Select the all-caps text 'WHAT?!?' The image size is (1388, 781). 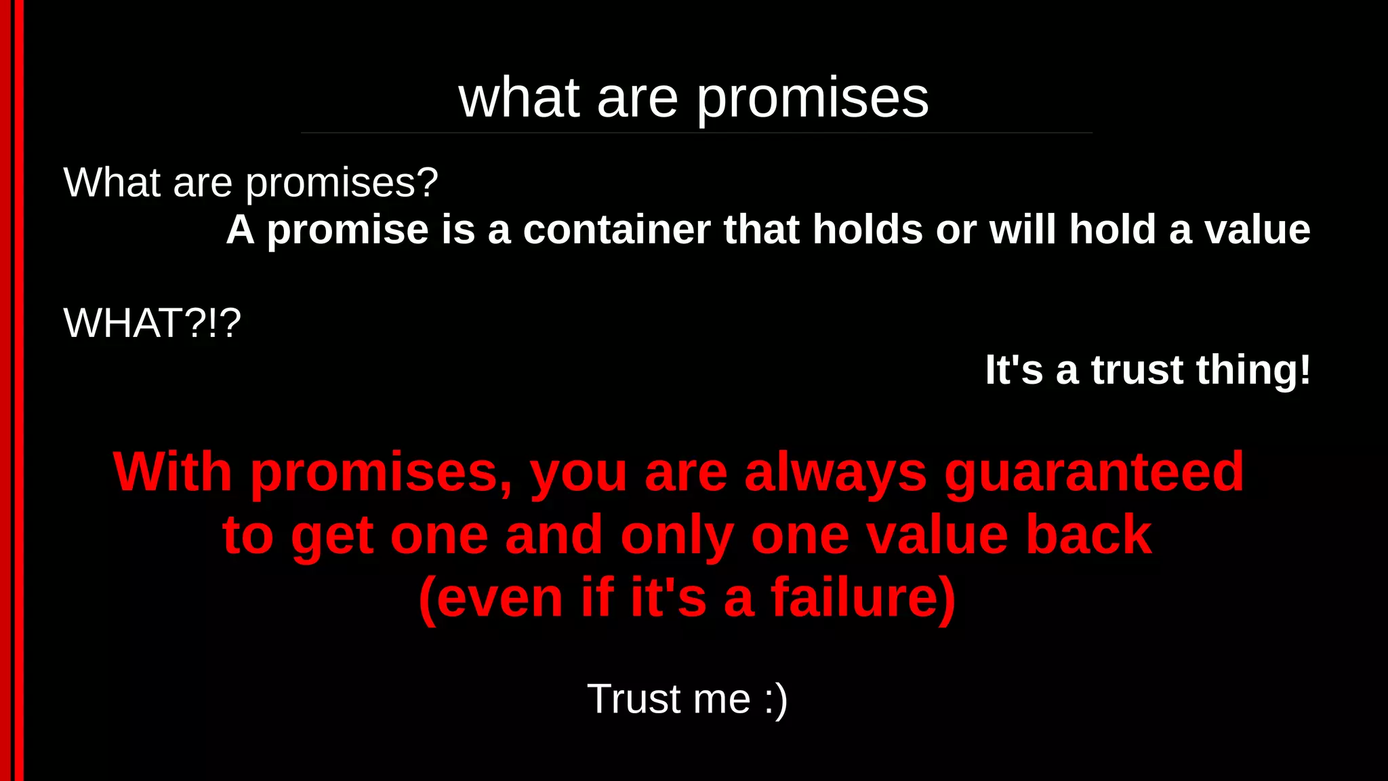coord(152,323)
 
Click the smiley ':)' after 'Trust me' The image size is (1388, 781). coord(775,699)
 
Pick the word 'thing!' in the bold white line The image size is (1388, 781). coord(1253,370)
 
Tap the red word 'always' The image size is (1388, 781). coord(835,473)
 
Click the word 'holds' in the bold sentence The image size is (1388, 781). coord(867,230)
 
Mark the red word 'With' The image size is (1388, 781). coord(173,473)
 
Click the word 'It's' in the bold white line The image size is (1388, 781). coord(1013,370)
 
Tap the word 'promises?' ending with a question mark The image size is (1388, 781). coord(342,183)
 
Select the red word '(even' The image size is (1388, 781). coord(491,598)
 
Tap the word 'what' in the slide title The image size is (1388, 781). coord(519,99)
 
